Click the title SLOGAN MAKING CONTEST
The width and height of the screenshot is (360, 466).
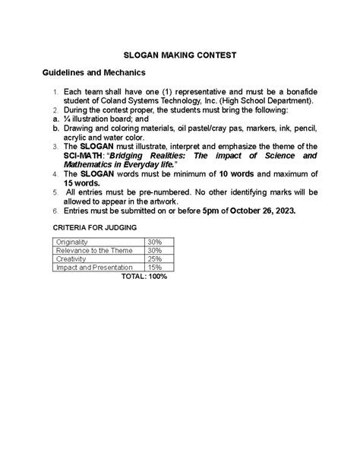[181, 55]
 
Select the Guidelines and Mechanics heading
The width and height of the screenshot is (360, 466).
[93, 73]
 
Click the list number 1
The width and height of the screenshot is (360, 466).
[55, 93]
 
